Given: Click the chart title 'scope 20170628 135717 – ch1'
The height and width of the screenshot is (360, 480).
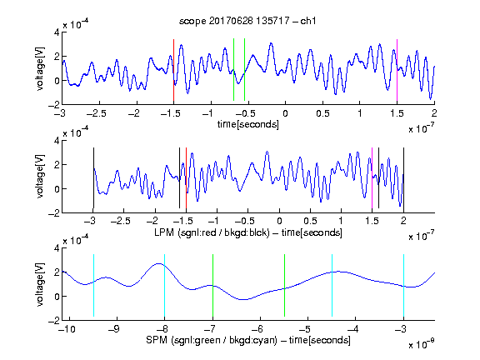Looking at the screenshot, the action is click(247, 21).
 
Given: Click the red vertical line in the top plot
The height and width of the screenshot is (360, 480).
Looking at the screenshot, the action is click(173, 70).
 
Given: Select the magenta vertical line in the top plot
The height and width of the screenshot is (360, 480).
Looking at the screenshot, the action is click(397, 70).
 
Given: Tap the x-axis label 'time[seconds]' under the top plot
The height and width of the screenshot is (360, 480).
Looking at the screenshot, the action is click(248, 124).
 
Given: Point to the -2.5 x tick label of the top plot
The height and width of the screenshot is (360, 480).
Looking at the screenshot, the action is click(97, 114).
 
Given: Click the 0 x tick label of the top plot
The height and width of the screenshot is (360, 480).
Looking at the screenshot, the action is click(285, 114).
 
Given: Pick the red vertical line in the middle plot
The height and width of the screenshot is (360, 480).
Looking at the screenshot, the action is click(186, 177).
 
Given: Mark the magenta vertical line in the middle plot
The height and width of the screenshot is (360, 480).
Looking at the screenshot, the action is click(372, 177).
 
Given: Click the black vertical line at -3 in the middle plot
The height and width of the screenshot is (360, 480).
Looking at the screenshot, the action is click(93, 177).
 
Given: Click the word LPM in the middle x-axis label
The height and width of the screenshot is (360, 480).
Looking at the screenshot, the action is click(164, 232).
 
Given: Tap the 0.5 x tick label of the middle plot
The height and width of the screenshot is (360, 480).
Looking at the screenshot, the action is click(310, 221).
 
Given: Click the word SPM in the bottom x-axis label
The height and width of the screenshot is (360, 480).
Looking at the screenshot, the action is click(157, 340).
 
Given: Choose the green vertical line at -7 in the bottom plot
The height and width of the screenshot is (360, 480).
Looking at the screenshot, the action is click(212, 285).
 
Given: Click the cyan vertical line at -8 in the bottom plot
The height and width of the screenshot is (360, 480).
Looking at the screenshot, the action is click(164, 285).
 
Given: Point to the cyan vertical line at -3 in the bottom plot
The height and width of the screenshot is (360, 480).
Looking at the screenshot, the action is click(403, 285).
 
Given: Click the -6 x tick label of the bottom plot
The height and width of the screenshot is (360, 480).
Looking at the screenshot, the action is click(259, 329).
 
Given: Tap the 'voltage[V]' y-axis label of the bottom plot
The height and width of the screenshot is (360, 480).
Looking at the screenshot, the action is click(40, 284).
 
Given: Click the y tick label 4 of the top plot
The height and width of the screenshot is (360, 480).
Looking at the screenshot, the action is click(57, 32).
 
